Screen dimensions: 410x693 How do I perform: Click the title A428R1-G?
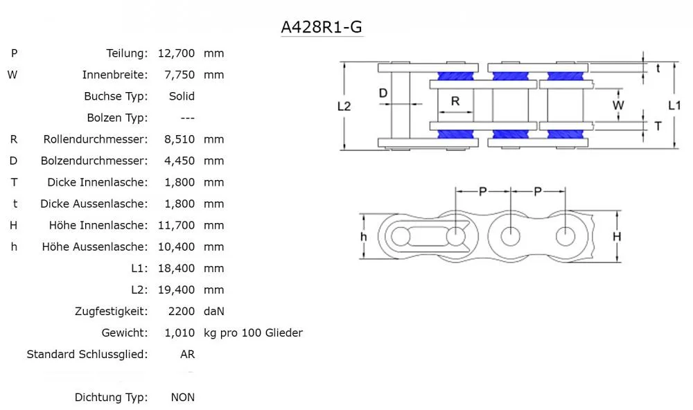[x=321, y=27]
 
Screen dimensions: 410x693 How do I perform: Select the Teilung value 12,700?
[x=176, y=53]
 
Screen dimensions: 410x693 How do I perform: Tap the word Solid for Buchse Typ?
[x=182, y=96]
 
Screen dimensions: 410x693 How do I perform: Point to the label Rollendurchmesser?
[x=96, y=139]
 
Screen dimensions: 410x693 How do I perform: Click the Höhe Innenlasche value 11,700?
[x=176, y=225]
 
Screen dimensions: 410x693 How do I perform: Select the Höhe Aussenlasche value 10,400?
[x=176, y=247]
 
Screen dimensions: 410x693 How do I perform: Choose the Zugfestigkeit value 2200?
[x=182, y=311]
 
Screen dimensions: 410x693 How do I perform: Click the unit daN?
[x=214, y=311]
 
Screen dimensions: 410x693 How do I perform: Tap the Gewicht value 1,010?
[x=179, y=332]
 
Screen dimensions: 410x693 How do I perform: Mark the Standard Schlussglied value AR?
[x=187, y=354]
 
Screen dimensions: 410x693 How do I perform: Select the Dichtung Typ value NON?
[x=183, y=397]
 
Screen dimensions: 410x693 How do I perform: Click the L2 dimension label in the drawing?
[x=344, y=106]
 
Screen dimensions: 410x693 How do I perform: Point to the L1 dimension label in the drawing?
[x=674, y=105]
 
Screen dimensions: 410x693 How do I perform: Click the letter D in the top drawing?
[x=383, y=93]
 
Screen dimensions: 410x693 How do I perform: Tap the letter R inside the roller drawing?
[x=455, y=100]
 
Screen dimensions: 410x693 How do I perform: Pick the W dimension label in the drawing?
[x=619, y=105]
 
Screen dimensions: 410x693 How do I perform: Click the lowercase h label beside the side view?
[x=363, y=236]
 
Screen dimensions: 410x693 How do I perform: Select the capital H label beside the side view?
[x=617, y=236]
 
